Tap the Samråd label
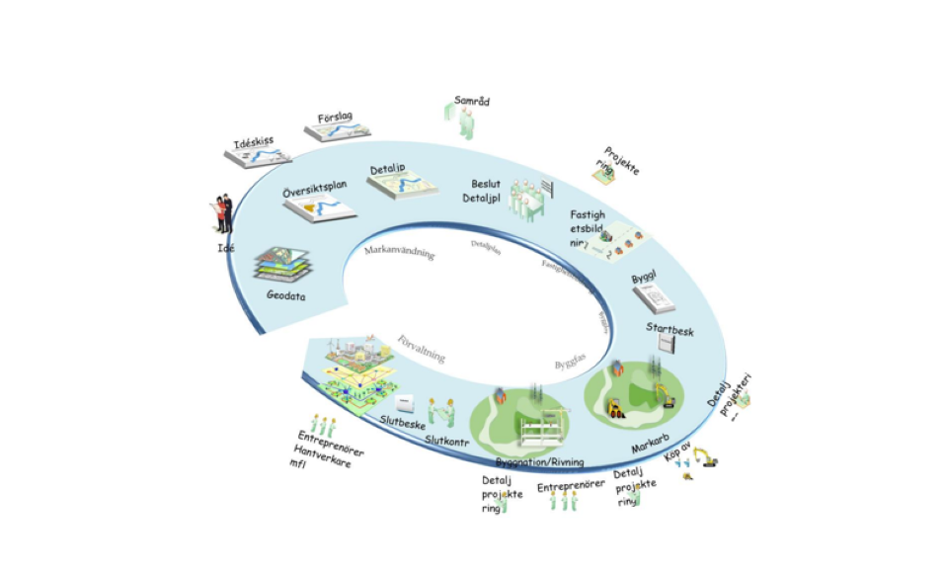(472, 101)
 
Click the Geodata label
(285, 294)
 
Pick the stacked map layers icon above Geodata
(283, 263)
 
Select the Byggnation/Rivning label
(539, 461)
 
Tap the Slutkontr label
(449, 440)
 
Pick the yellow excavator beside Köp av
(705, 457)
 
